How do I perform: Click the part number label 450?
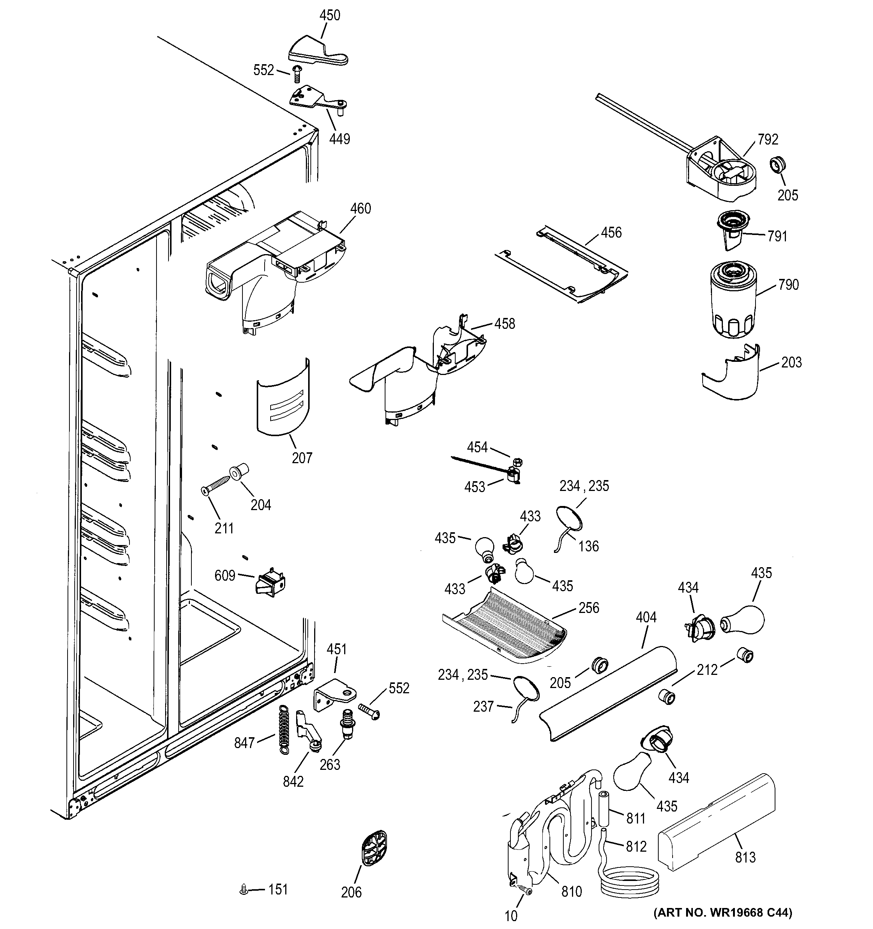(x=330, y=15)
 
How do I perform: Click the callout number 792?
(x=768, y=139)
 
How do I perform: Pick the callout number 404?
(x=646, y=617)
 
